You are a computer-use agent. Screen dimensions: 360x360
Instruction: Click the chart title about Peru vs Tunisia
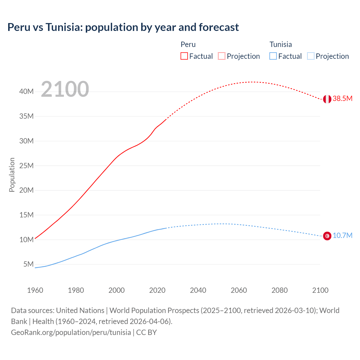123,27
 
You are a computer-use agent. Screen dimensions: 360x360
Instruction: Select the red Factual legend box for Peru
184,56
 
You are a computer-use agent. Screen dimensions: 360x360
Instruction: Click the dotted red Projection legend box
222,56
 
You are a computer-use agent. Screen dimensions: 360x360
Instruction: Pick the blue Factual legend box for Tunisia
273,56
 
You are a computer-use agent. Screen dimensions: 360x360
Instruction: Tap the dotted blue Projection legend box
311,56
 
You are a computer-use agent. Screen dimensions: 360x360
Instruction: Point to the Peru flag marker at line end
327,99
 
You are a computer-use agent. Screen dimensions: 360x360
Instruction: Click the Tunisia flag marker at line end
327,236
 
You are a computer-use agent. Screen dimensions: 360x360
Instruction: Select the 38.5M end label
342,99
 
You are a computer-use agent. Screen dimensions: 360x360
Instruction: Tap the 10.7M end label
342,236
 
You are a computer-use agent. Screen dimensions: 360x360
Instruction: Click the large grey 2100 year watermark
65,89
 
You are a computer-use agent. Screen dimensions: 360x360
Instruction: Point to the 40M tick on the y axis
26,92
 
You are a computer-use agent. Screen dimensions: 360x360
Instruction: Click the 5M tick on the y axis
28,264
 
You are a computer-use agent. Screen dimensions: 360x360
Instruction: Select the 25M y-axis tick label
26,166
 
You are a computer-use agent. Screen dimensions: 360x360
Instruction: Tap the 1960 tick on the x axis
35,290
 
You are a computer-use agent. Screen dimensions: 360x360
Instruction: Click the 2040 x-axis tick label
198,290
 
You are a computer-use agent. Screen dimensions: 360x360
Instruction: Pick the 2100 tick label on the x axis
320,290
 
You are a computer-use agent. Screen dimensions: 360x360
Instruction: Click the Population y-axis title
12,175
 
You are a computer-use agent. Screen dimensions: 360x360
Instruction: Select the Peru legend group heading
188,44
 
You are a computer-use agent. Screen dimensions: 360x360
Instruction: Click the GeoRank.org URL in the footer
71,332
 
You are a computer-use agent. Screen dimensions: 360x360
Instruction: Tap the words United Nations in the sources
80,310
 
